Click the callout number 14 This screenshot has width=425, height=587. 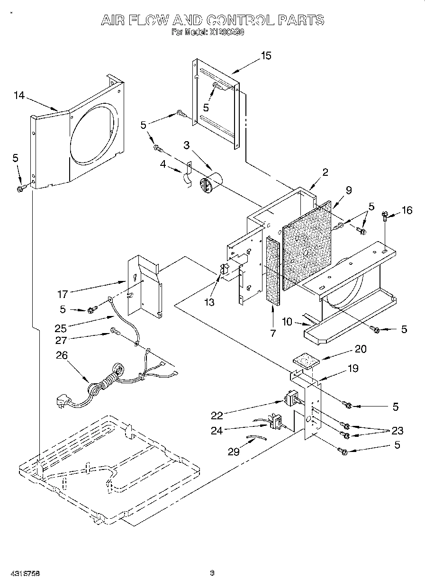[x=18, y=96]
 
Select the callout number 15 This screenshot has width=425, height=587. [x=266, y=56]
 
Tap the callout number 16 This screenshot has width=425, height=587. [x=407, y=210]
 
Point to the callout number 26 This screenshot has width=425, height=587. [x=62, y=355]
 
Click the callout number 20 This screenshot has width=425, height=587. [x=361, y=349]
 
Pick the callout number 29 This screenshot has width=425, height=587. [x=234, y=452]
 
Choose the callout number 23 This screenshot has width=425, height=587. [x=397, y=431]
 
